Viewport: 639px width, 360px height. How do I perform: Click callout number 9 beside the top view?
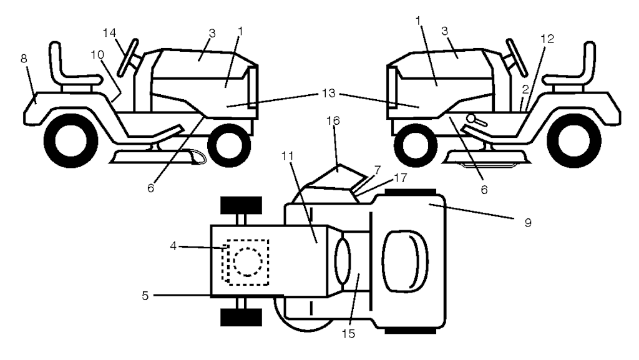(x=527, y=222)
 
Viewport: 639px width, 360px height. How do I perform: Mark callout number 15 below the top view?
(x=347, y=333)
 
